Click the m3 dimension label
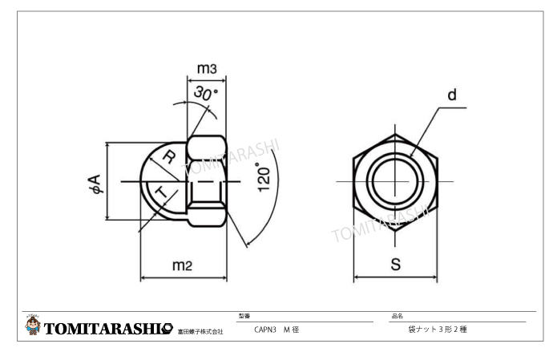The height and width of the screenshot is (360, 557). [206, 69]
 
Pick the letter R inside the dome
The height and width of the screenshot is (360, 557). [168, 158]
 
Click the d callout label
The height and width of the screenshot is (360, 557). [451, 95]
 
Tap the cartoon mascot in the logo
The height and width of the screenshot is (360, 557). [33, 326]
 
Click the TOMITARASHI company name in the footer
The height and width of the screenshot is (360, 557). [109, 329]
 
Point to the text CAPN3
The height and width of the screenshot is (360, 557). [267, 330]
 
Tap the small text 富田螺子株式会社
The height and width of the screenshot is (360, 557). [200, 331]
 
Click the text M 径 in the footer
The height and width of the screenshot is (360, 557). [292, 330]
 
